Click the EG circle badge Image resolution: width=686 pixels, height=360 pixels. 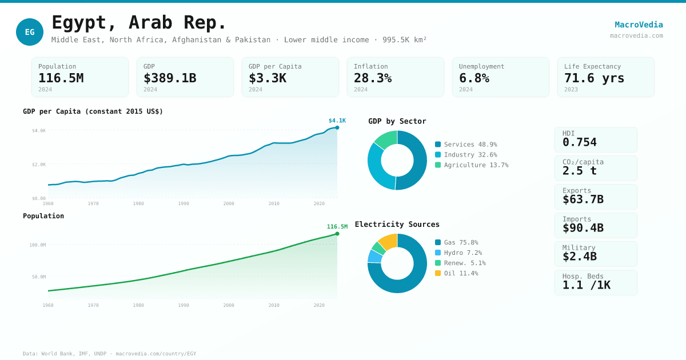30,32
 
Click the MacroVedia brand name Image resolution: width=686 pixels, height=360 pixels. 639,25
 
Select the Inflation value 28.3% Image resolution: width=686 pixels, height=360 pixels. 373,78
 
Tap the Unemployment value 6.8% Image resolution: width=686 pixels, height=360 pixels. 474,78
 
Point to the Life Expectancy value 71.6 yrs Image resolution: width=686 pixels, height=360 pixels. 594,78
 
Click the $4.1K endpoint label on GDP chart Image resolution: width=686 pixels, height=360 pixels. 337,121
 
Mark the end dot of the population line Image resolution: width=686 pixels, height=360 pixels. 337,234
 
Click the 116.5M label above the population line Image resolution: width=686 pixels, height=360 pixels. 337,227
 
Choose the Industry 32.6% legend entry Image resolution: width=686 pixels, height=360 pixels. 466,155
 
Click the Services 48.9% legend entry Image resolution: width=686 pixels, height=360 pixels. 466,145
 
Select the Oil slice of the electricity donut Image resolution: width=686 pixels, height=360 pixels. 388,241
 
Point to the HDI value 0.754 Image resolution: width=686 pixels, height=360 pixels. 579,142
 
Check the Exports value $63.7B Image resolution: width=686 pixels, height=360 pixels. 583,199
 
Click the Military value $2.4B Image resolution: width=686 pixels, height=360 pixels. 579,257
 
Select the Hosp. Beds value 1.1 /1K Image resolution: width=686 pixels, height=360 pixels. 586,285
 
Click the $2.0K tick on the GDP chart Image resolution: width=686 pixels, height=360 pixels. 39,165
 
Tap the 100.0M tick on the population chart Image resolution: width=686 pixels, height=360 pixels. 38,245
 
